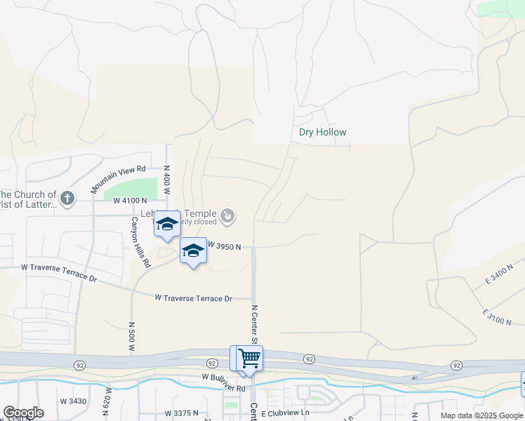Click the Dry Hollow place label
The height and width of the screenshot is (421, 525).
[x=323, y=132]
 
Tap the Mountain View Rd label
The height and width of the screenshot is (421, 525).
[x=117, y=179]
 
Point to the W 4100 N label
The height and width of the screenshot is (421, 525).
[x=130, y=201]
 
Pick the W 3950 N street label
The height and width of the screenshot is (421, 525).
[x=225, y=246]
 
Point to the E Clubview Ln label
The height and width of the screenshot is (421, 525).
[x=285, y=413]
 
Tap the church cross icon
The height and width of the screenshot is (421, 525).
[x=67, y=198]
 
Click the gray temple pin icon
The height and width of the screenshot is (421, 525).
[x=227, y=216]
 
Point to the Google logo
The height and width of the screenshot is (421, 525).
[x=23, y=413]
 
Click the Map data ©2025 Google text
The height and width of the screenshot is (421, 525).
[x=481, y=415]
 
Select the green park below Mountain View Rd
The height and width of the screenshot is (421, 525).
[x=131, y=189]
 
